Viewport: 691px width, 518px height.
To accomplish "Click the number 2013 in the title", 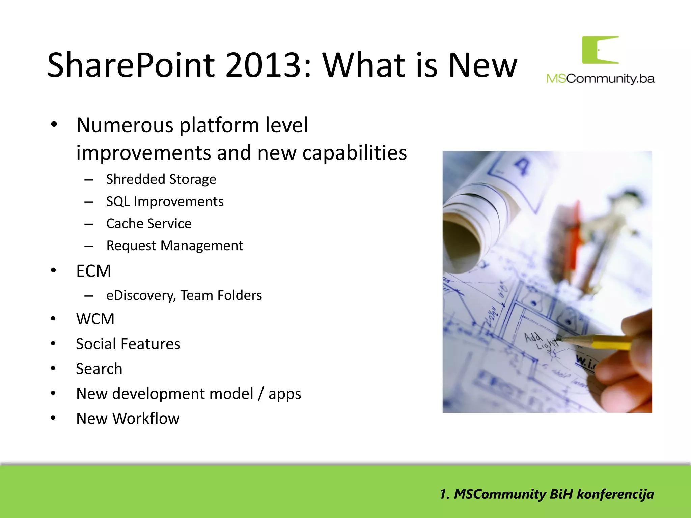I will coord(262,65).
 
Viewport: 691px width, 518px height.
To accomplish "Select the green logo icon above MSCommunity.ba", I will coord(600,50).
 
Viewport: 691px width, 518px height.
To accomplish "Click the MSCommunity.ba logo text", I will coord(600,79).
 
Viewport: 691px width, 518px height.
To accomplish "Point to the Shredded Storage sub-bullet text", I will coord(161,179).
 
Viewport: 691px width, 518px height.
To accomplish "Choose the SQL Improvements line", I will coord(165,201).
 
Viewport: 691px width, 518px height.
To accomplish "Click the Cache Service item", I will coord(149,224).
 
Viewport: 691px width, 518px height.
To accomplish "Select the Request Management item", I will coord(174,246).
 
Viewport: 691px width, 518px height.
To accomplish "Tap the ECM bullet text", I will coord(93,271).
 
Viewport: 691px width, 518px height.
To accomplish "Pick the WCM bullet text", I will coord(95,319).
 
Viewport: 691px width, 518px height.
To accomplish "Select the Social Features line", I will coord(128,344).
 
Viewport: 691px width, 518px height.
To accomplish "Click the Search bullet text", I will coord(99,369).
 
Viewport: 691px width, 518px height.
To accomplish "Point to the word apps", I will coord(284,394).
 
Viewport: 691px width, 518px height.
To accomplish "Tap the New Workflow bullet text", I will coord(128,419).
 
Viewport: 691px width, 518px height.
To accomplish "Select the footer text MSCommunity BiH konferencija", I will coord(547,494).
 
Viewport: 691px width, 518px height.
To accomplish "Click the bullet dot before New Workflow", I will coord(53,418).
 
